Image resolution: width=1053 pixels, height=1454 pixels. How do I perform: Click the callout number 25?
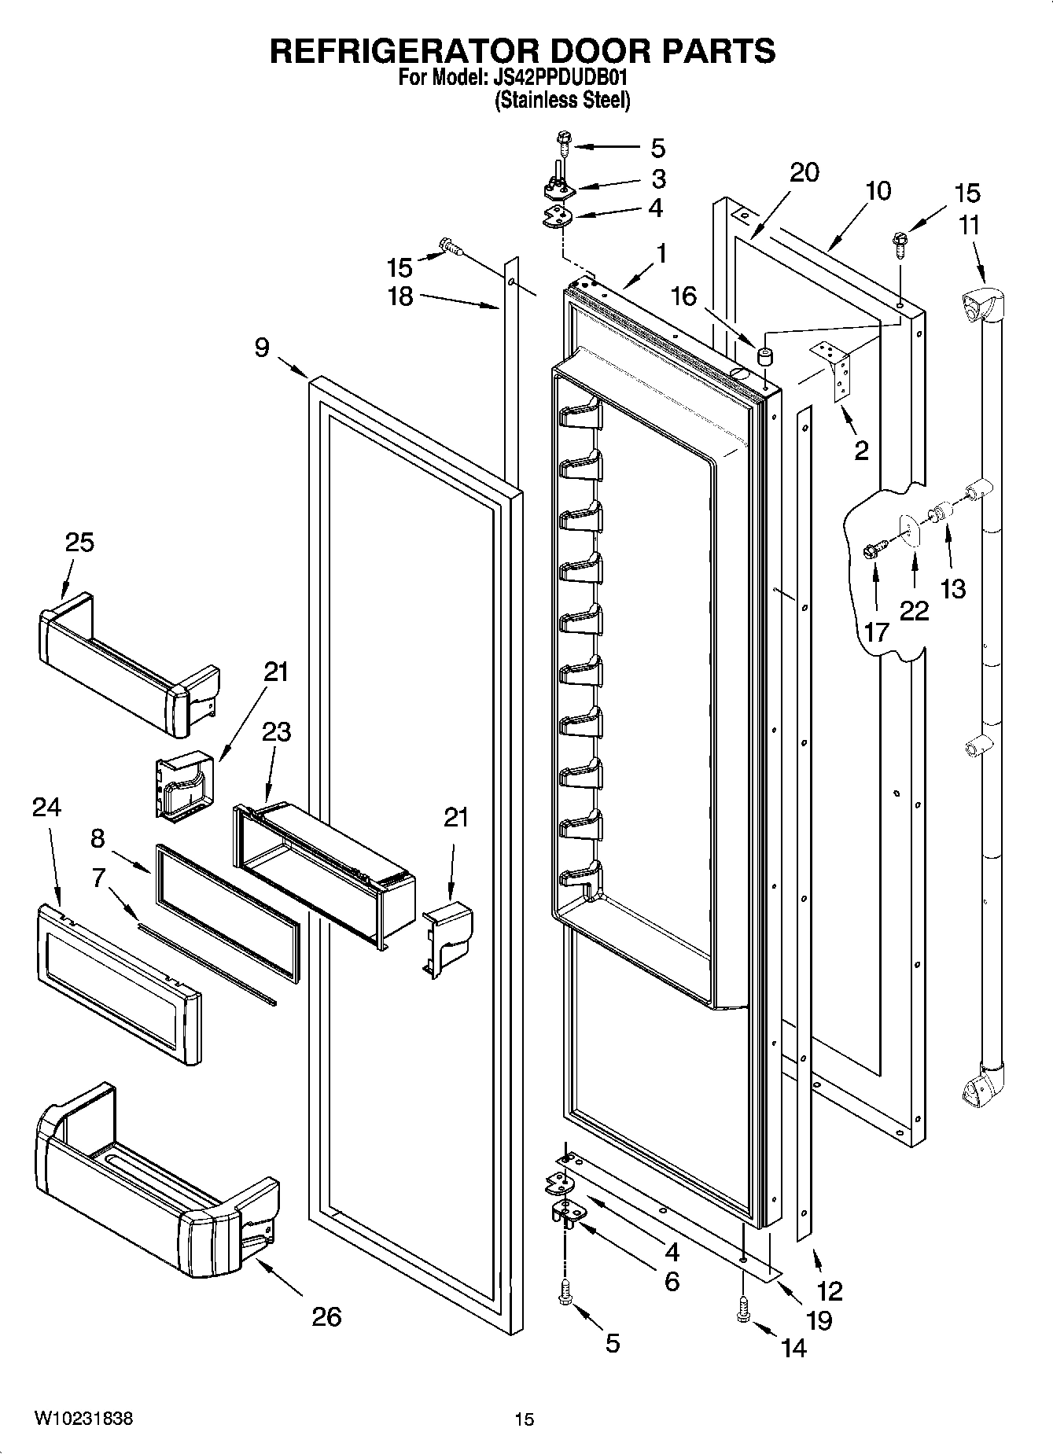click(79, 543)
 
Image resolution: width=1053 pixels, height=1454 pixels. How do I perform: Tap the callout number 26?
click(326, 1316)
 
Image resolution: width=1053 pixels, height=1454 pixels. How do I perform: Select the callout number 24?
click(46, 807)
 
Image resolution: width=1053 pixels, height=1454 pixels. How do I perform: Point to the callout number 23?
click(276, 732)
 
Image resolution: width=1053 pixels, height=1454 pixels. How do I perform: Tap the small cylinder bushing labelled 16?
click(764, 356)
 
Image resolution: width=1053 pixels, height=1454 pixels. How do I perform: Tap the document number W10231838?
click(83, 1419)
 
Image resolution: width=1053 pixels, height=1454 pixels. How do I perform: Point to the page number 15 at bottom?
click(524, 1419)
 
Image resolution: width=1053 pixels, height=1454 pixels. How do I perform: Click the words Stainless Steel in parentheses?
click(561, 101)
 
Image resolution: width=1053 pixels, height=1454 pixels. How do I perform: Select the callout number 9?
click(262, 347)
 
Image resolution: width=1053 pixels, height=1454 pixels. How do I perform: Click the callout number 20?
click(804, 172)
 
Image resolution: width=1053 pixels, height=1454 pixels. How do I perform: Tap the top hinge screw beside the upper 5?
click(564, 143)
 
